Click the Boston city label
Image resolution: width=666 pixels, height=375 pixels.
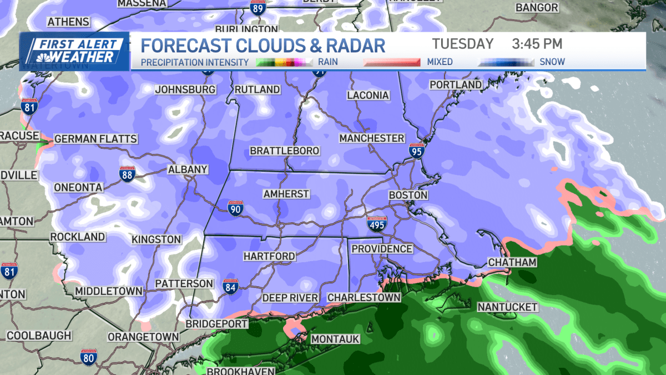tap(408, 195)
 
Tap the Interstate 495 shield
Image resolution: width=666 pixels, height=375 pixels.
tap(376, 224)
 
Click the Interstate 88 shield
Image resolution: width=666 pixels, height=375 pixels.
tap(127, 175)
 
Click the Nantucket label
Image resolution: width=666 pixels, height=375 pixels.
tap(507, 307)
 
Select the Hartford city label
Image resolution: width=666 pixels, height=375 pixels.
tap(269, 256)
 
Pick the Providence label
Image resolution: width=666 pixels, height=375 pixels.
tap(382, 249)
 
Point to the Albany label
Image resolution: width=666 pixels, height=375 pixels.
tap(188, 169)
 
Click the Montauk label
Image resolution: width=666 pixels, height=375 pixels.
tap(335, 339)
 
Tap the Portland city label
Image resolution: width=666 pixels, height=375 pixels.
tap(456, 84)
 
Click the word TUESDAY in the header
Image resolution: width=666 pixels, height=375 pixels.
tap(462, 44)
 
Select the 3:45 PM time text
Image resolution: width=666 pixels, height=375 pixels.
tap(537, 44)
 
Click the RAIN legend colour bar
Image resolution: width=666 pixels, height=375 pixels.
tap(285, 62)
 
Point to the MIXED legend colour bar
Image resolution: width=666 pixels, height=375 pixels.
tap(392, 62)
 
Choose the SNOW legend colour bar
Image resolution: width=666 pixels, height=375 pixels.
tap(506, 62)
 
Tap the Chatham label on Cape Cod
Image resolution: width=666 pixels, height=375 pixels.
tap(512, 262)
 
